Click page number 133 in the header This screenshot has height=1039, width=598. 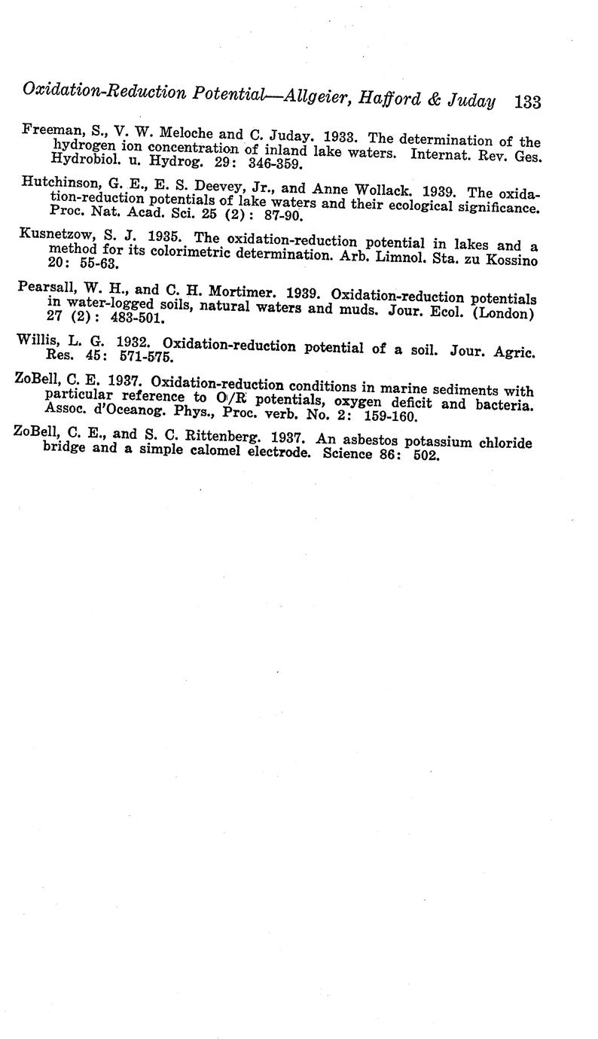pyautogui.click(x=527, y=101)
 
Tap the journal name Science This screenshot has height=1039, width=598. pyautogui.click(x=349, y=456)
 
